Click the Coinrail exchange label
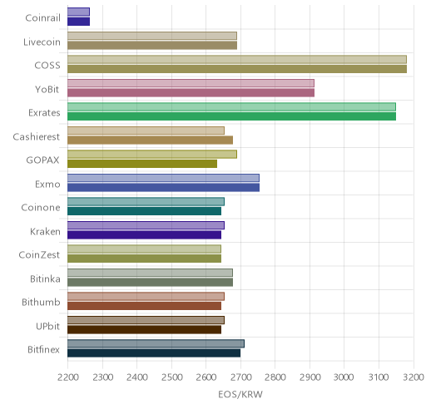coord(42,17)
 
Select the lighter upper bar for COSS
coord(237,60)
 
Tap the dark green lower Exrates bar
coord(231,116)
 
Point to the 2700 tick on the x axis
coord(240,377)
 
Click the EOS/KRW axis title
coord(240,394)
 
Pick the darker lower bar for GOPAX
coord(142,164)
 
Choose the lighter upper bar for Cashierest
coord(146,131)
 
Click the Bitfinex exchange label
coord(43,349)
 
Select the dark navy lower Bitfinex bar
coord(154,353)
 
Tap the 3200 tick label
coord(414,377)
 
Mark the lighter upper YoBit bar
coord(191,83)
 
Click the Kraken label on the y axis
coord(45,231)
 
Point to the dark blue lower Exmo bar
coord(163,188)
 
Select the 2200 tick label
coord(67,377)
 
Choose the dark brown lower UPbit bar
coord(144,330)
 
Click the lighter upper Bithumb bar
coord(146,297)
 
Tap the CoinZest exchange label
coord(39,254)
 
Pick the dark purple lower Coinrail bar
coord(78,22)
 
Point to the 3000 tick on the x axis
coord(344,377)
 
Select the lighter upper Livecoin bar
coord(152,36)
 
